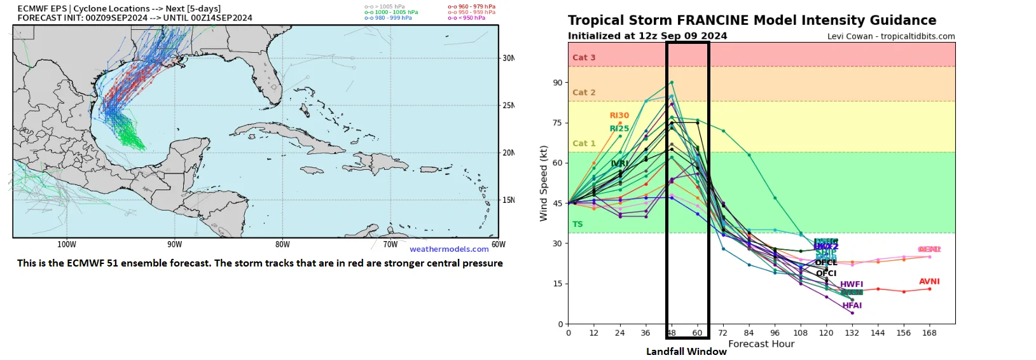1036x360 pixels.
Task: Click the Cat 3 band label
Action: coord(584,57)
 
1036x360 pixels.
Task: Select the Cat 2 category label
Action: coord(584,92)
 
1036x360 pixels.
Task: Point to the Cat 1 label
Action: coord(584,143)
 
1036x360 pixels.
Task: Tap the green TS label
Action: coord(577,224)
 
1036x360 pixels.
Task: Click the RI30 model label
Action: coord(619,115)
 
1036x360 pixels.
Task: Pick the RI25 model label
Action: coord(619,128)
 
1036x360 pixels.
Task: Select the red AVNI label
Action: coord(929,281)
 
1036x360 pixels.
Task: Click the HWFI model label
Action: coord(852,284)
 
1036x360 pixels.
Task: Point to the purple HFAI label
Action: coord(852,305)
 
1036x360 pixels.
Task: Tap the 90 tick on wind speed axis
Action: coord(558,83)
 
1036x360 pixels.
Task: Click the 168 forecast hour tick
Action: coord(929,333)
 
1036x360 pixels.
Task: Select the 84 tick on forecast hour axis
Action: coord(749,333)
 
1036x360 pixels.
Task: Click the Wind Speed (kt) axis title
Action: coord(544,183)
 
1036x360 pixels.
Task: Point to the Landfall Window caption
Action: coord(686,351)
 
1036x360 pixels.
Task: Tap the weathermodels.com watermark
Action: coord(449,249)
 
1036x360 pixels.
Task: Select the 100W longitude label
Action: coord(67,244)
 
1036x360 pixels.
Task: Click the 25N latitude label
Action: coord(508,106)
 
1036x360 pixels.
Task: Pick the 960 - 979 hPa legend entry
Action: coord(471,6)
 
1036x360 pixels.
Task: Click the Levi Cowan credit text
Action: coord(890,36)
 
